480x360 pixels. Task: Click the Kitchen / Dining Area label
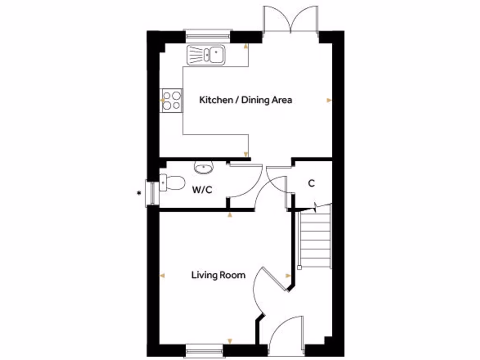pos(246,100)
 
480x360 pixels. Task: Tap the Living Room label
pos(218,275)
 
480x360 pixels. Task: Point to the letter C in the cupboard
pos(311,183)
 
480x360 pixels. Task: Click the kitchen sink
pos(206,54)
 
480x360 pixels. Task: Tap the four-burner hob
pos(172,100)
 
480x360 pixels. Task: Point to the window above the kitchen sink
pos(208,34)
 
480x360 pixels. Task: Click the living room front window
pos(204,349)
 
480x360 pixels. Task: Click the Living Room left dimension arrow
pos(162,276)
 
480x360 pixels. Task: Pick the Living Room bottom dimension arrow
pos(229,341)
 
